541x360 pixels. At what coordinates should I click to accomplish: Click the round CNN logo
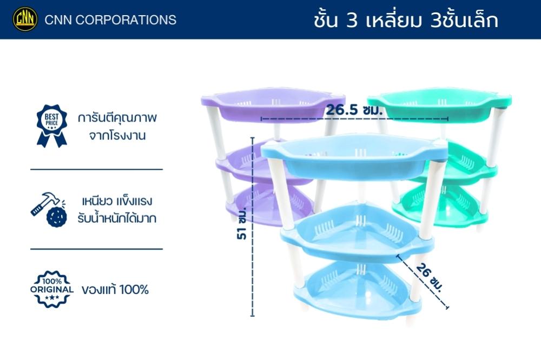25,19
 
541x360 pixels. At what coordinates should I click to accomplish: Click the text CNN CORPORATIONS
110,20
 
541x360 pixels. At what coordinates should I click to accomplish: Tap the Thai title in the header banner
406,19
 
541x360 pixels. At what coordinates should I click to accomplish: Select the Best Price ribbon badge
52,126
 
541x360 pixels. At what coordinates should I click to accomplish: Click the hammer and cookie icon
49,209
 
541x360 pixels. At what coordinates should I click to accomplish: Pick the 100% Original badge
52,289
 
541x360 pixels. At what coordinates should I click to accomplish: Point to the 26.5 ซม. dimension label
354,110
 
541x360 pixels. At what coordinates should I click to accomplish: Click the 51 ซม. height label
242,223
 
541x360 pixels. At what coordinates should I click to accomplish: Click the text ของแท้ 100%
115,289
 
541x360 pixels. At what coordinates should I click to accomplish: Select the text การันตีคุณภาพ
117,118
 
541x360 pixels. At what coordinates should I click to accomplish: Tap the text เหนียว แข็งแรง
117,201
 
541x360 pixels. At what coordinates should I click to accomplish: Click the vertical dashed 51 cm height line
253,227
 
